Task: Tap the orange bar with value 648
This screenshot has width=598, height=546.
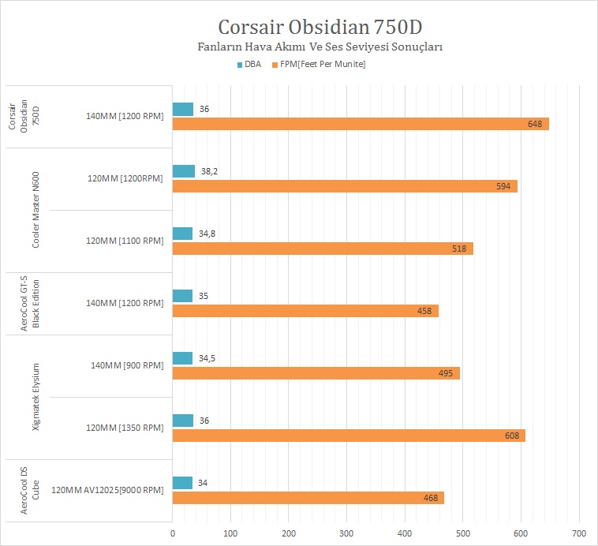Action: tap(361, 124)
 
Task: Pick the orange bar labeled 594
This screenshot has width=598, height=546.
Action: tap(345, 186)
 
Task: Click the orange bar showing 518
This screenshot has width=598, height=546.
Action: tap(323, 249)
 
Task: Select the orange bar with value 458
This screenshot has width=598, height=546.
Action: tap(305, 311)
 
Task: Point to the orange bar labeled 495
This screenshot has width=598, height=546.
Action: tap(316, 373)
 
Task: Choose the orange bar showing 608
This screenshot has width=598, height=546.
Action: tap(349, 436)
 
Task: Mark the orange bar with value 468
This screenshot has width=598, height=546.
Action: tap(308, 498)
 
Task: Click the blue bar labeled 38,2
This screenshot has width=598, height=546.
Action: tap(184, 171)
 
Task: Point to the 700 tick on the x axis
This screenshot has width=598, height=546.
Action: tap(579, 534)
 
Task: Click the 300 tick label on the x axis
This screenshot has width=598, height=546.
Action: tap(347, 534)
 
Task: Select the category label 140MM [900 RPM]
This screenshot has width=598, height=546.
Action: tap(128, 365)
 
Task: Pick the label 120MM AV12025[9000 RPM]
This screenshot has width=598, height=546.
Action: tap(107, 490)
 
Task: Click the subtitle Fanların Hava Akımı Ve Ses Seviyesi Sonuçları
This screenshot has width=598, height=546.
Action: tap(319, 47)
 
